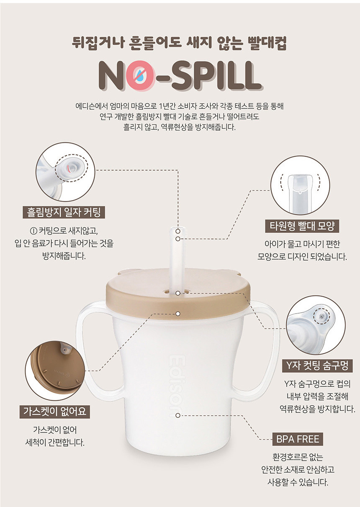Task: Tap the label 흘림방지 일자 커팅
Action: tap(64, 212)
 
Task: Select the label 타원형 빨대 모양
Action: tap(302, 226)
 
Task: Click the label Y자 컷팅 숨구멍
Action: tap(317, 366)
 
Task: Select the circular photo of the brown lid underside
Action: tap(55, 371)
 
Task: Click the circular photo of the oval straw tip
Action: tap(300, 185)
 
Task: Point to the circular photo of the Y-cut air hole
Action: tap(316, 325)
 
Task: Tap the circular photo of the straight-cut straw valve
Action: tap(65, 172)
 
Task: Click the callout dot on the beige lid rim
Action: tap(178, 314)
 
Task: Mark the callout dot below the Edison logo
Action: tap(178, 416)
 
